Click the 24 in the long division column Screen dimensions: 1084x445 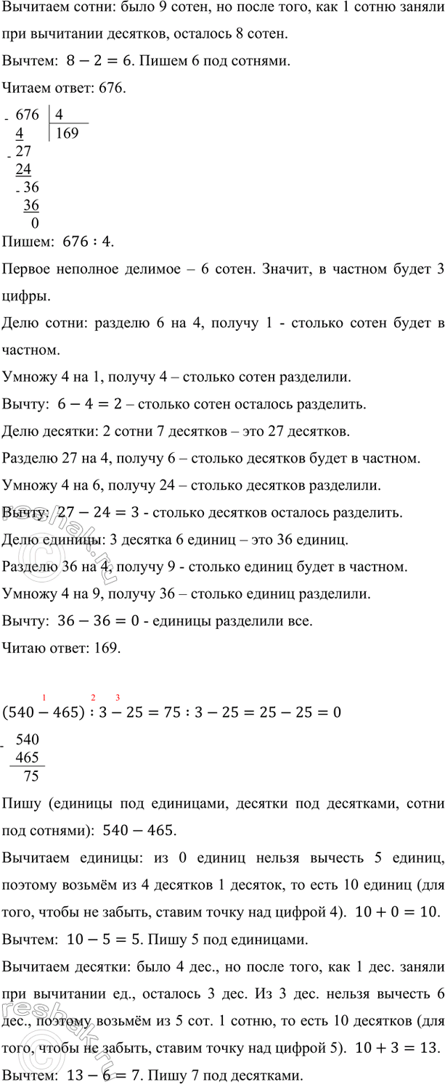click(x=23, y=169)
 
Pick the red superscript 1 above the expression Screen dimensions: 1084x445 click(x=44, y=699)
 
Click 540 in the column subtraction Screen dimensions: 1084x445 click(x=28, y=741)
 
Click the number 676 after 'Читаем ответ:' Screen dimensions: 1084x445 click(x=114, y=88)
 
